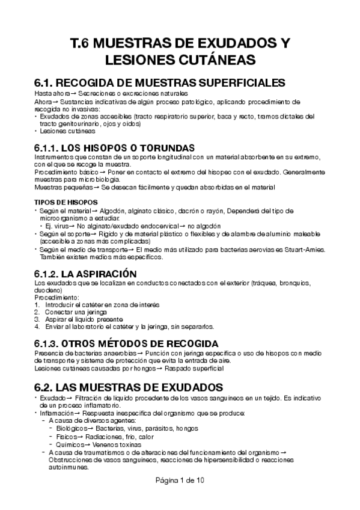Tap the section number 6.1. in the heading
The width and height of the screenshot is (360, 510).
[47, 83]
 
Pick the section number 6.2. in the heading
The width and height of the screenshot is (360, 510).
[47, 385]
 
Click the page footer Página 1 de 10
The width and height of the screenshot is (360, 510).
[180, 497]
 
